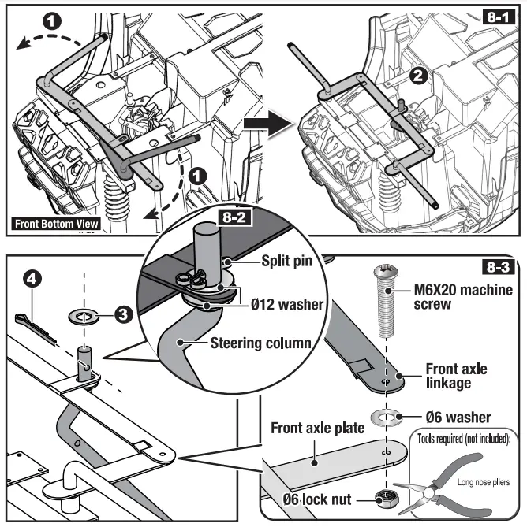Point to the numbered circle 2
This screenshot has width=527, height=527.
point(419,76)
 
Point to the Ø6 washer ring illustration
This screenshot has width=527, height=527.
point(384,414)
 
